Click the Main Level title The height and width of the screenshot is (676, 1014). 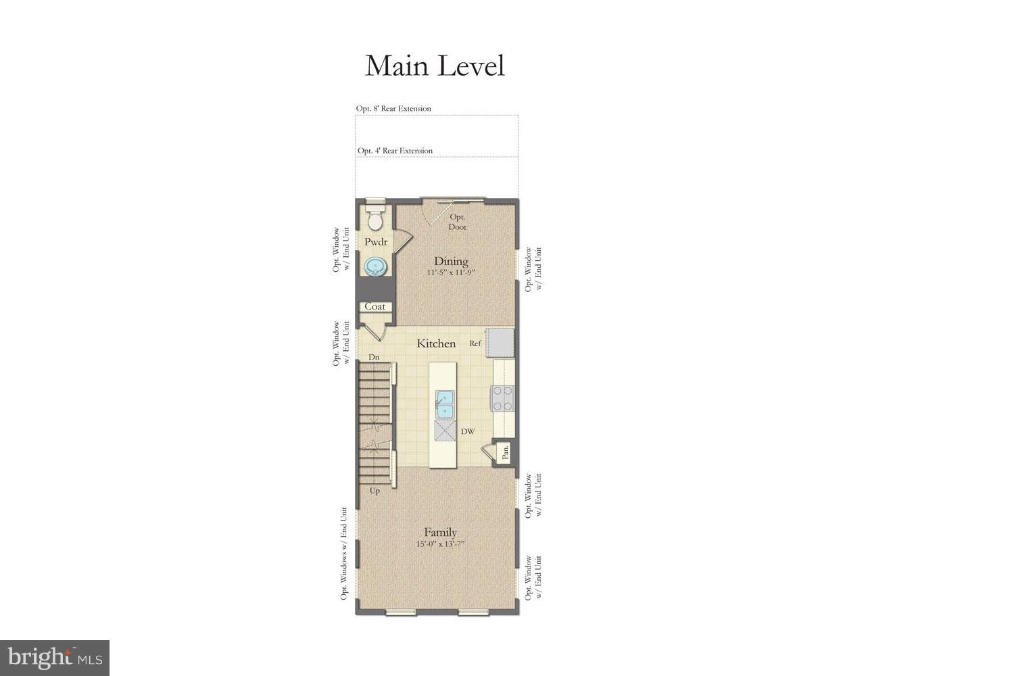click(435, 66)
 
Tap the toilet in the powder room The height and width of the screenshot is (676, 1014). click(374, 218)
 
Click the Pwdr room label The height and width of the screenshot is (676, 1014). click(376, 241)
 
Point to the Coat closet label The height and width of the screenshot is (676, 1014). click(375, 306)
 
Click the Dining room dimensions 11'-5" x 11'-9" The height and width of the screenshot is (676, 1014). click(451, 273)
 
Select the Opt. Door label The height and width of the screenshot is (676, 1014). click(458, 222)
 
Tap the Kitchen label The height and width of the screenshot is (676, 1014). click(436, 343)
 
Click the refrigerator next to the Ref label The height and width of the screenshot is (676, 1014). click(500, 342)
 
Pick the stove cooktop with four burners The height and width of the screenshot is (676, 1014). click(503, 398)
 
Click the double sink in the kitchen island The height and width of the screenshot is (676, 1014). click(444, 404)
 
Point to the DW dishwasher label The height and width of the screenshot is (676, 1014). click(468, 431)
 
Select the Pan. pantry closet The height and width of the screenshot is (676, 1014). click(504, 452)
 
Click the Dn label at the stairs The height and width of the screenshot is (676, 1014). click(374, 357)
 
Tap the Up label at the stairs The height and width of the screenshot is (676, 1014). click(375, 491)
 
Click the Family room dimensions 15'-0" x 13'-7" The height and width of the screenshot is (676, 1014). click(441, 544)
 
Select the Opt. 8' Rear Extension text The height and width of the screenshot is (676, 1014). click(393, 108)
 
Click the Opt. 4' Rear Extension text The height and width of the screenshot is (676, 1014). click(395, 151)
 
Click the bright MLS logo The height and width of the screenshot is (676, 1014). click(55, 658)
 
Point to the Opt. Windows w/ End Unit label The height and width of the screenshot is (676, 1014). click(344, 553)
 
